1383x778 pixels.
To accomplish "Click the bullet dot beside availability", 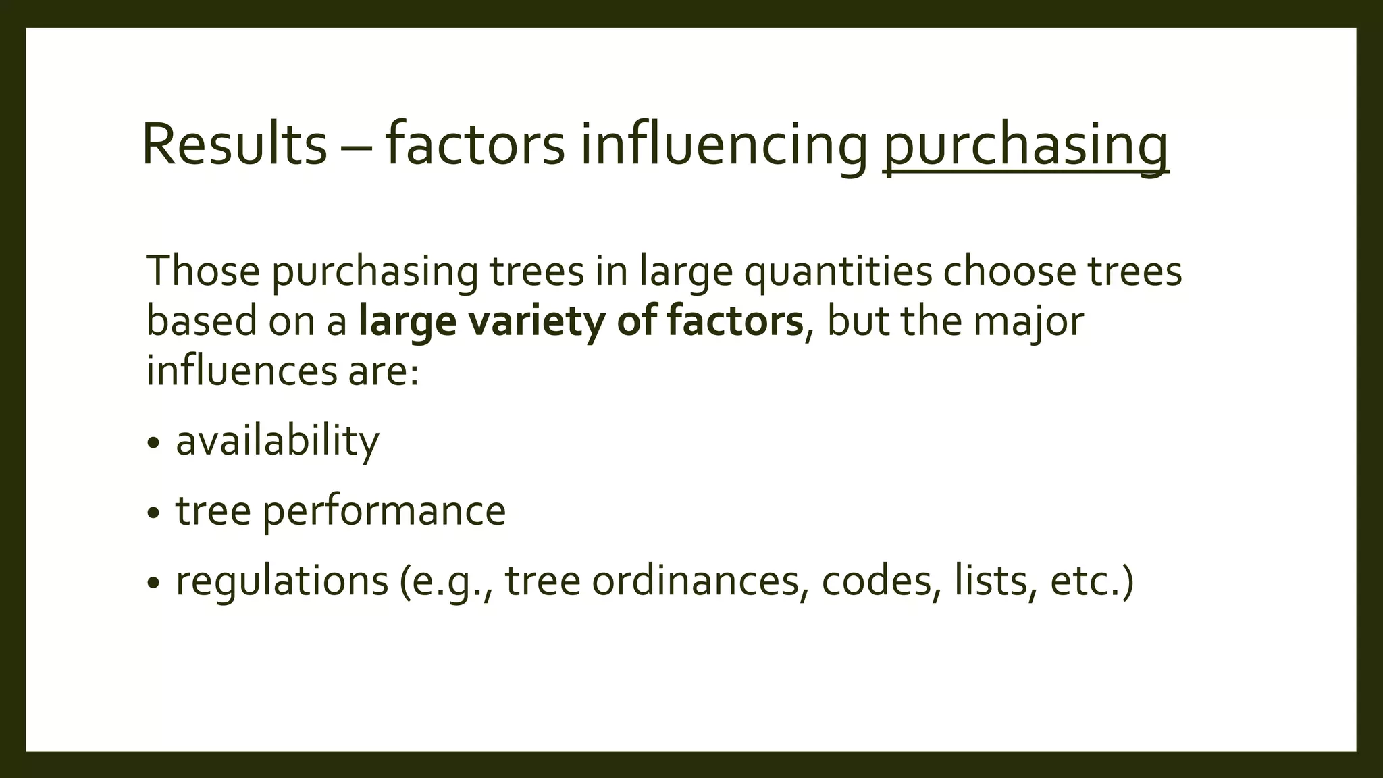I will [154, 444].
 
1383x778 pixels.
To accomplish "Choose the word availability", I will [278, 441].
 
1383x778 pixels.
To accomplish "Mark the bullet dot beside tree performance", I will [154, 513].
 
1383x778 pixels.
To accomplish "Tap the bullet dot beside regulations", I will [154, 583].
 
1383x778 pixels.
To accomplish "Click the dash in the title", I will [356, 147].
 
